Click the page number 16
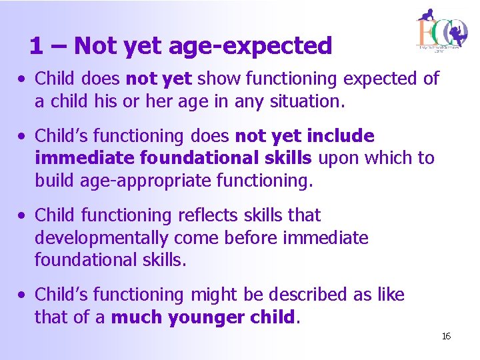[x=446, y=336]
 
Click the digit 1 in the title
[x=37, y=46]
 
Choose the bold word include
[x=341, y=136]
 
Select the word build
[x=55, y=181]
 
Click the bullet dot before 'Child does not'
[x=23, y=79]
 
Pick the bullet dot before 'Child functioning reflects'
[x=23, y=216]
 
